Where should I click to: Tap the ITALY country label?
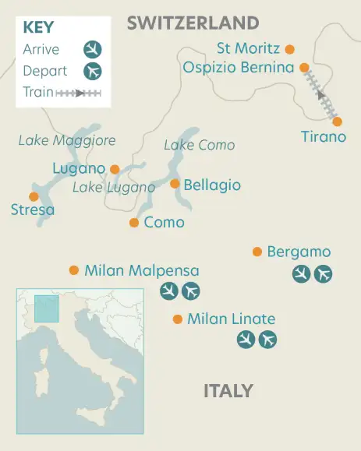click(228, 390)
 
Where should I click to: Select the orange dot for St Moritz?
click(290, 49)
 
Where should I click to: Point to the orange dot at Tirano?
click(337, 122)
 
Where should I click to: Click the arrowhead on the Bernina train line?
click(320, 96)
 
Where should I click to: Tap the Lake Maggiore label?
click(67, 140)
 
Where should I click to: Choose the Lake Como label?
click(199, 145)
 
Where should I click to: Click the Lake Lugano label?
click(114, 187)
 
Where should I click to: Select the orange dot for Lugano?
click(115, 168)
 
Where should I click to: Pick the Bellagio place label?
click(211, 185)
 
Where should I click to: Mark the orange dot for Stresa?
click(34, 196)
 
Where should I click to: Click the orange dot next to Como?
click(134, 223)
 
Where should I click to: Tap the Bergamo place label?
click(299, 252)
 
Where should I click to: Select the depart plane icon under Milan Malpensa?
click(190, 291)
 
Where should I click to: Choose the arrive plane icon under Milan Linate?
click(246, 340)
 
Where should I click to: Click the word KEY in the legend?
click(39, 27)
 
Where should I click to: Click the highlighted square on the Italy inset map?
click(47, 308)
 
